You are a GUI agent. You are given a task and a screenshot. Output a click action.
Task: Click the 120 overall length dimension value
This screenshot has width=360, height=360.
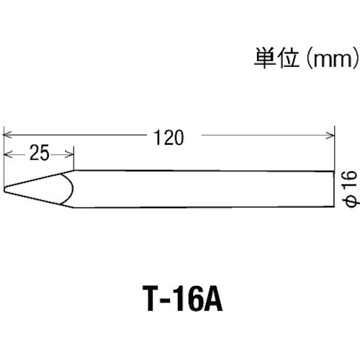tap(168, 138)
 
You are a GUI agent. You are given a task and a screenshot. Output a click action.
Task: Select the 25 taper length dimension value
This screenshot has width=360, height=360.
tap(40, 153)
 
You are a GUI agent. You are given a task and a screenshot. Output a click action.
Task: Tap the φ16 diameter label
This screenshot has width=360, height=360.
tap(351, 188)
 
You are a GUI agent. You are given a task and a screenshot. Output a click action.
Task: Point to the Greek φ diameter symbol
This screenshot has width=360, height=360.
tap(351, 201)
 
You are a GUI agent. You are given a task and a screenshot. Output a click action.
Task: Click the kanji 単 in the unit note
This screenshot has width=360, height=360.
tap(265, 58)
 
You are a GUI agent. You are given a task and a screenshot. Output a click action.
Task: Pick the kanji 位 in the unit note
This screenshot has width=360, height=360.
tap(288, 58)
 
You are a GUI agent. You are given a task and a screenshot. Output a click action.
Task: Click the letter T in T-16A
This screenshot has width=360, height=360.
tap(153, 298)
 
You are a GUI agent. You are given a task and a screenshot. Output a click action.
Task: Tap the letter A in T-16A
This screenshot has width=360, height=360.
tap(212, 298)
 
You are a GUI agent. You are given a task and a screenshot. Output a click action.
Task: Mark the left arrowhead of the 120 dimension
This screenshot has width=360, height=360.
tap(7, 135)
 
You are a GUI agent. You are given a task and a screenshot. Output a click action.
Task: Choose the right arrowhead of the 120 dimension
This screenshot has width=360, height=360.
tap(330, 135)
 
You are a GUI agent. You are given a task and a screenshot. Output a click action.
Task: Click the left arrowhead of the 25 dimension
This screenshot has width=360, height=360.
tap(8, 154)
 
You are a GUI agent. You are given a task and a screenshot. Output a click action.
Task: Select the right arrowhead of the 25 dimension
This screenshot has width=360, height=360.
tap(69, 154)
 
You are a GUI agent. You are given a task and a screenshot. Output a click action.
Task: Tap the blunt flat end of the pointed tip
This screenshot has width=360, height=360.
tap(4, 189)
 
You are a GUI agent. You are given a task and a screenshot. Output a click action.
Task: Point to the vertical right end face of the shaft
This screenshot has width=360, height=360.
tap(334, 189)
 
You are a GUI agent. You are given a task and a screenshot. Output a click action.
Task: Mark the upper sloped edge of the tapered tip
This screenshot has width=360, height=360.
tap(39, 179)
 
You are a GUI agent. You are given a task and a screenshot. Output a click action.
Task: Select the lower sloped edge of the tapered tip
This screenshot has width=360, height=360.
tap(39, 199)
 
